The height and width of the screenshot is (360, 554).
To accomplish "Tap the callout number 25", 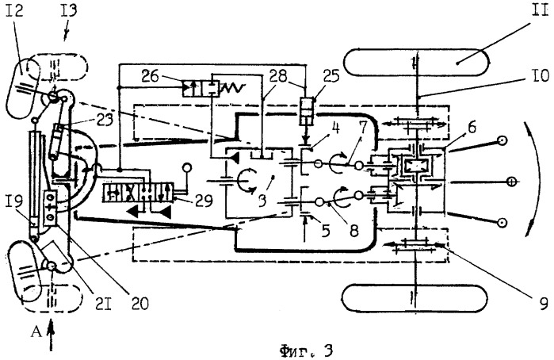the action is click(x=330, y=75).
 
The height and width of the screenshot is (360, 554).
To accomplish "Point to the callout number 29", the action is click(x=202, y=201).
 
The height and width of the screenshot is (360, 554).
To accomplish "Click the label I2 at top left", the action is click(x=14, y=11).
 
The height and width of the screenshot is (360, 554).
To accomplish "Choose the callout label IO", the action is click(x=539, y=75).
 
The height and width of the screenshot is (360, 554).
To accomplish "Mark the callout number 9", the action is click(x=544, y=303).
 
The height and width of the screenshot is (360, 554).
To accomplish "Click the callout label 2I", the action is click(x=102, y=304).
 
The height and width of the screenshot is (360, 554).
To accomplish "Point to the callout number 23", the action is click(x=104, y=121).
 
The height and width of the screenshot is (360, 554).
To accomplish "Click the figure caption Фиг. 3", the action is click(x=306, y=350).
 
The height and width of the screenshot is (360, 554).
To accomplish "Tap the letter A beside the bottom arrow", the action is click(x=36, y=332).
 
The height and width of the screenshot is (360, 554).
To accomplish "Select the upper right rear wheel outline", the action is click(x=416, y=62).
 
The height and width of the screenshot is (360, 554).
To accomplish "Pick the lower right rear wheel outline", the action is click(x=415, y=298).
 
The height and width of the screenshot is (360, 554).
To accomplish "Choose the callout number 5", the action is click(x=326, y=231).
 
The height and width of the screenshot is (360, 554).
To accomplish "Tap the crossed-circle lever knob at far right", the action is click(x=510, y=182).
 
